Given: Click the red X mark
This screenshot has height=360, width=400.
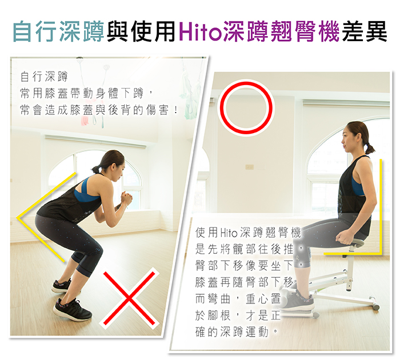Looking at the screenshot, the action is click(129, 298).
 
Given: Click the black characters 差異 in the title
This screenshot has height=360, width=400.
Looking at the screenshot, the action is click(365, 31).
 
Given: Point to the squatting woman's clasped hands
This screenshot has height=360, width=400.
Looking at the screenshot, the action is click(126, 198).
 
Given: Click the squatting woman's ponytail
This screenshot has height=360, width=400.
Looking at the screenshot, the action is click(97, 169).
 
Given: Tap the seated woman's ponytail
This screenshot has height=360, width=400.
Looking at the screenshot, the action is click(369, 148).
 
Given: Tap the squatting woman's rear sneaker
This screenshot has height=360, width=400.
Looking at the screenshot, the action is click(61, 286).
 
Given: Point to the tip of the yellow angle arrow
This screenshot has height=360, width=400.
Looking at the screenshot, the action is click(17, 218).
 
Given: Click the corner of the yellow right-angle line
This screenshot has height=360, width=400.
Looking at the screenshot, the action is click(381, 253).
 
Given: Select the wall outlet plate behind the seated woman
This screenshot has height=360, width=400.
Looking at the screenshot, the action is click(249, 167).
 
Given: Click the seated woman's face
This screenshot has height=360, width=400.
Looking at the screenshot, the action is click(348, 139).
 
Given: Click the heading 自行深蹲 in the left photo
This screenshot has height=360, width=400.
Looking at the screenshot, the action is click(44, 77).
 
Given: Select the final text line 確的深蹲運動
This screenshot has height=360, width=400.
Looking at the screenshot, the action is click(231, 331).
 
